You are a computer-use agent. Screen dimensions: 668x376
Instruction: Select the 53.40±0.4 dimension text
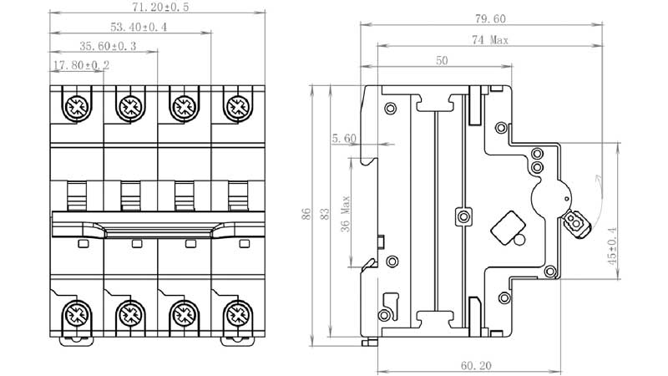[139, 27]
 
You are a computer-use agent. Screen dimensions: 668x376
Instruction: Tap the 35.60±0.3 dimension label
[108, 46]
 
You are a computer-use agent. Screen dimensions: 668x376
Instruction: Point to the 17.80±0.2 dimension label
[81, 65]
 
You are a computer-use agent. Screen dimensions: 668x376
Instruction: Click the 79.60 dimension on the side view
[490, 18]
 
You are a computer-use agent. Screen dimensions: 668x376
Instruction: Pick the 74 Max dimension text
[490, 40]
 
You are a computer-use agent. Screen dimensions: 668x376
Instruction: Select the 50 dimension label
[442, 60]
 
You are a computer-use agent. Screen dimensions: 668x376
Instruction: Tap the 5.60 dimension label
[344, 139]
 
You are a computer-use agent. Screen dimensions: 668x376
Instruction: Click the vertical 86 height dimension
[306, 214]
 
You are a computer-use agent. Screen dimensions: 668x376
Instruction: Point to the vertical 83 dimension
[325, 214]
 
